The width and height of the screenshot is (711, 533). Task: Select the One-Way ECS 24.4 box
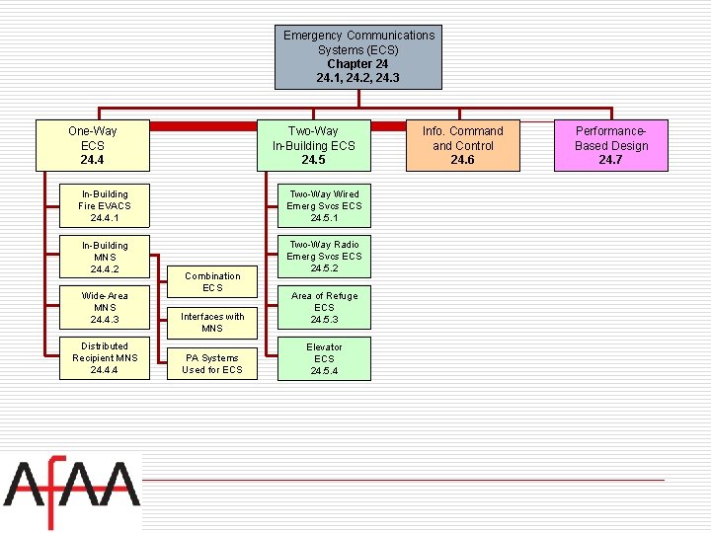93,145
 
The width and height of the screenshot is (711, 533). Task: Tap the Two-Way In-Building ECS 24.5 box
313,145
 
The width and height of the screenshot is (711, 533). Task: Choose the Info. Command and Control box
462,145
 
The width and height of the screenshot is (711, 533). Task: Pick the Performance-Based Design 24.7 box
611,145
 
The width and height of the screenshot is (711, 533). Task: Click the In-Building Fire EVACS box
105,206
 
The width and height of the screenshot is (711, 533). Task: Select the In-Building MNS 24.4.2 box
105,257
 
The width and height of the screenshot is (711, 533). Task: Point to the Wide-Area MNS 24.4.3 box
105,307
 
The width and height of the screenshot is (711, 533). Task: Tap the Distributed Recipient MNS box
105,358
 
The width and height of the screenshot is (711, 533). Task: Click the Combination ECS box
212,282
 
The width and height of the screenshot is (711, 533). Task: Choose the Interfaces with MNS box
212,323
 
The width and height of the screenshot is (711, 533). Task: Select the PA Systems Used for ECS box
212,363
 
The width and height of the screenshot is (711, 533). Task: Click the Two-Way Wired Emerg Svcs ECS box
324,206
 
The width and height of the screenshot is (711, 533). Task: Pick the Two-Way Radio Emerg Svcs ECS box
324,257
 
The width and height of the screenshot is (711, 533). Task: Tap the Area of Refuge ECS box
324,307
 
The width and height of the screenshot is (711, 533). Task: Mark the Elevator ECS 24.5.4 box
324,358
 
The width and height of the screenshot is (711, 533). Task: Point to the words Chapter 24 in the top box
357,63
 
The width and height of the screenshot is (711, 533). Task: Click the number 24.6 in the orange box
462,160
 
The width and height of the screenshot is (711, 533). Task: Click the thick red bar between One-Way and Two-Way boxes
201,126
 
